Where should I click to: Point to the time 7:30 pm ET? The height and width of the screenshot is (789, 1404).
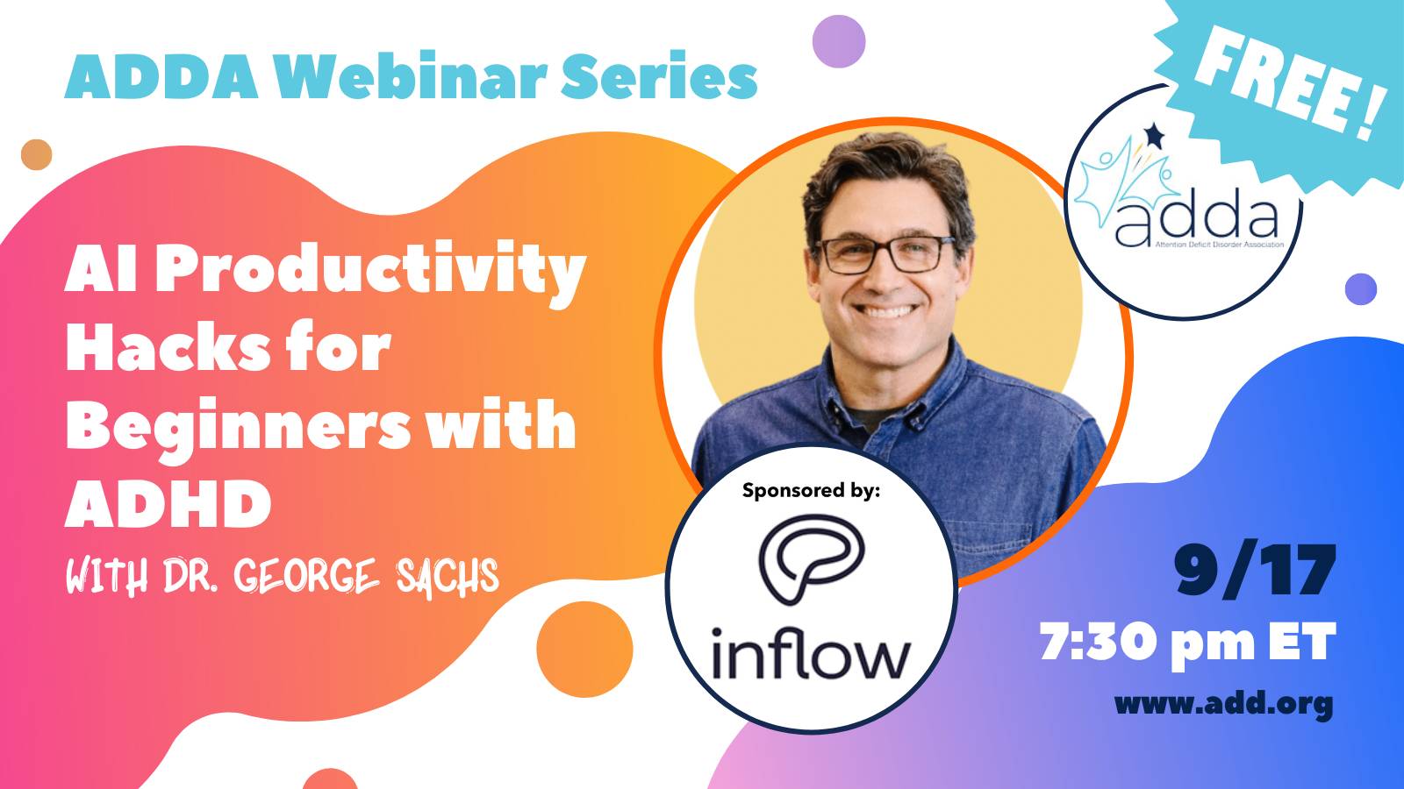[x=1188, y=643]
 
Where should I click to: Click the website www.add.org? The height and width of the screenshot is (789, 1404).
[x=1223, y=704]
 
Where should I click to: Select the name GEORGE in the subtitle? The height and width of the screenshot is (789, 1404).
[x=307, y=575]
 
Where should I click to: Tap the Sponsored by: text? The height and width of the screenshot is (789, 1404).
[x=811, y=490]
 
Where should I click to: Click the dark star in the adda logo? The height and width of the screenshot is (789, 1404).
[x=1153, y=135]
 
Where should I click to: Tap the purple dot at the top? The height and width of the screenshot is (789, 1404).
[x=839, y=41]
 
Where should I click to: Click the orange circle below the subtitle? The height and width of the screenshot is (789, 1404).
[x=584, y=650]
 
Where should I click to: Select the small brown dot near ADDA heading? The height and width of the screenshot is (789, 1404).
[x=36, y=154]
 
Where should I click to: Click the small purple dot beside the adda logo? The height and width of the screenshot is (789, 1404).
[x=1361, y=289]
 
